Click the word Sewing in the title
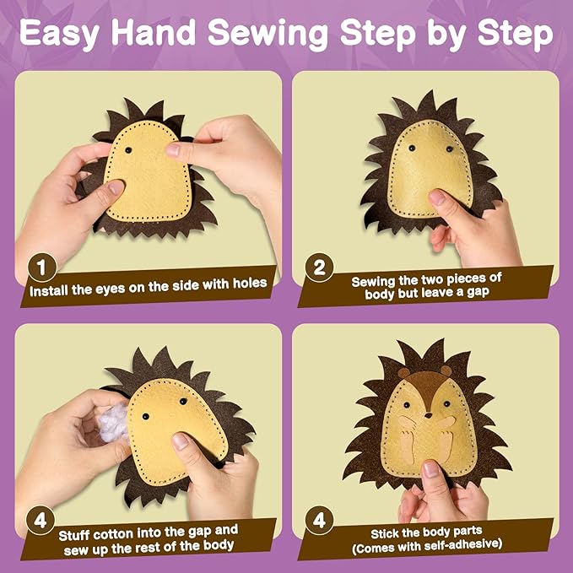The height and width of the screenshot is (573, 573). [268, 34]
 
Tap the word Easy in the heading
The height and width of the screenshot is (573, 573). [60, 34]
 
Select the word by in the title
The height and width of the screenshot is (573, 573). [447, 34]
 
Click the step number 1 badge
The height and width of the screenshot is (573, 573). [42, 268]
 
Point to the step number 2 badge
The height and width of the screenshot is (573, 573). [319, 268]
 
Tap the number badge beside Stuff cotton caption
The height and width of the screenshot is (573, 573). [41, 521]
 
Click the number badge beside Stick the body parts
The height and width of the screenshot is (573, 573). [319, 521]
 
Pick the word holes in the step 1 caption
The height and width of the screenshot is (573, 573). [250, 284]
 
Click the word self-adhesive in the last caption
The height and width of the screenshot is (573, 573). [464, 545]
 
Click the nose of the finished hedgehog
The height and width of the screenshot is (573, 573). [429, 415]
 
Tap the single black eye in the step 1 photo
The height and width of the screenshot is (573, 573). [128, 150]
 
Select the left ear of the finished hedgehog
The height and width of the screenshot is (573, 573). [403, 374]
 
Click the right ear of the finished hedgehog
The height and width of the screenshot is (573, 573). [446, 370]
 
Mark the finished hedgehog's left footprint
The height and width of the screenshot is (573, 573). [407, 445]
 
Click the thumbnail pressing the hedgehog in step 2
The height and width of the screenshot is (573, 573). [436, 197]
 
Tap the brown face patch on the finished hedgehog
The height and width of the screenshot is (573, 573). [427, 388]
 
